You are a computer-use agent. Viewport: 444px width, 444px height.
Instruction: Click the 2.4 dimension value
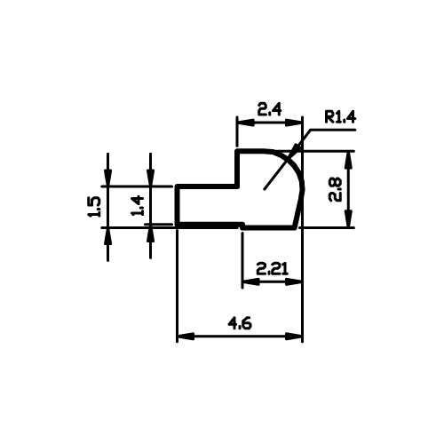coord(269,109)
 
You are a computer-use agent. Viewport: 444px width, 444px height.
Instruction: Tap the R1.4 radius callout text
coord(340,117)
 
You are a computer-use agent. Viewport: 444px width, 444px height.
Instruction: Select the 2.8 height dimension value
coord(336,190)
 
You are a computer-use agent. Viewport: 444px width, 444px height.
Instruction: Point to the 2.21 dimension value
coord(272,269)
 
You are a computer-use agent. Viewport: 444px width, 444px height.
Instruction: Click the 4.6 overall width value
coord(240,323)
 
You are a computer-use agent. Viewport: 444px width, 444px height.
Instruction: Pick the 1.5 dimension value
coord(94,207)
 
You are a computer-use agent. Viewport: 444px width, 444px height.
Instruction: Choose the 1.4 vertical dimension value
coord(137,205)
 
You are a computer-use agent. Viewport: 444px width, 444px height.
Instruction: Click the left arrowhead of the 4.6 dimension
coord(186,337)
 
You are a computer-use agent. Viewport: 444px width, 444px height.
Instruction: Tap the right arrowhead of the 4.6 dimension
coord(294,337)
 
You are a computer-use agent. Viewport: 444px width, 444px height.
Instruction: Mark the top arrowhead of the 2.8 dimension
coord(349,160)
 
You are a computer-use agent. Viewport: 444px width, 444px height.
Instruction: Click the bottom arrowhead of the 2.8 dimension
coord(349,218)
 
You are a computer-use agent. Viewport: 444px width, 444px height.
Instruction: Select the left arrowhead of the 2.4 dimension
coord(245,123)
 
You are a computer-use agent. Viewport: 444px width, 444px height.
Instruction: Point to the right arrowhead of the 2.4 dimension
coord(294,123)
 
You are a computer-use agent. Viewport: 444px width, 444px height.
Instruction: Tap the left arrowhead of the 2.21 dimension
coord(250,282)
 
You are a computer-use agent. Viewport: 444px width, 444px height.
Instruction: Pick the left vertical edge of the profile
coord(177,207)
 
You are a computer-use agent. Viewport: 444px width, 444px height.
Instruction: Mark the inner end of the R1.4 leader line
coord(264,189)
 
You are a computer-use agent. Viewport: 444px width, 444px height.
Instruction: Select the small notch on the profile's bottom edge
coord(242,226)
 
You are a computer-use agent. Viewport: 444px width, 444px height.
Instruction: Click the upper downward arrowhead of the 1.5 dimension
coord(108,178)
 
